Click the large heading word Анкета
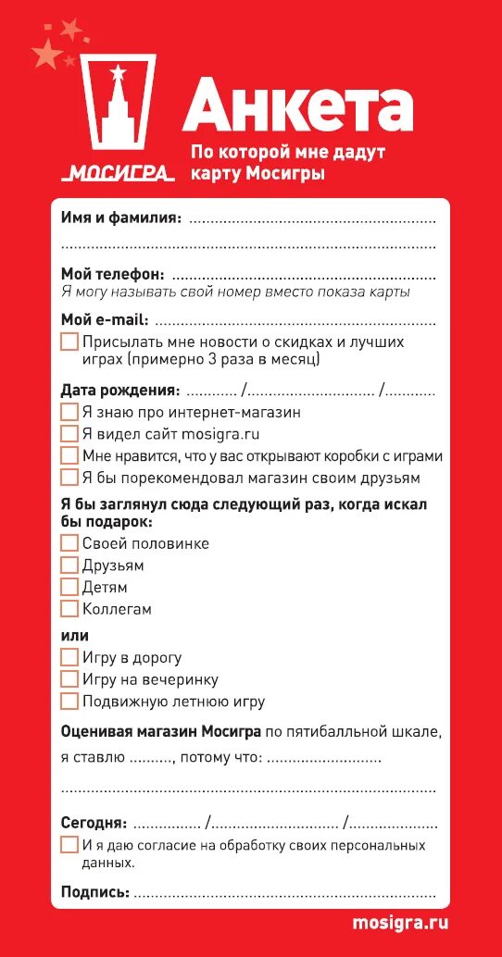pyautogui.click(x=297, y=107)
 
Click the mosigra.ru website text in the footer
pyautogui.click(x=400, y=923)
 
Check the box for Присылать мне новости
pyautogui.click(x=69, y=342)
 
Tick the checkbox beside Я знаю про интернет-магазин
pyautogui.click(x=69, y=412)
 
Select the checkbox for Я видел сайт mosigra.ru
pyautogui.click(x=69, y=433)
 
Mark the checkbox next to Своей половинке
pyautogui.click(x=69, y=543)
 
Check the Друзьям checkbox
pyautogui.click(x=69, y=565)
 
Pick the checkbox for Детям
pyautogui.click(x=69, y=587)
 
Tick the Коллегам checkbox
pyautogui.click(x=69, y=609)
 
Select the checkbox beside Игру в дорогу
pyautogui.click(x=69, y=657)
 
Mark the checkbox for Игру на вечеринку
pyautogui.click(x=69, y=679)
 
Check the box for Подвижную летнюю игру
pyautogui.click(x=69, y=702)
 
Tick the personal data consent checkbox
pyautogui.click(x=69, y=845)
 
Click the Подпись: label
pyautogui.click(x=94, y=892)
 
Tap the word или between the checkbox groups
pyautogui.click(x=75, y=635)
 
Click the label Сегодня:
pyautogui.click(x=94, y=822)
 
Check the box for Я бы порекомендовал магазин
pyautogui.click(x=69, y=478)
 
